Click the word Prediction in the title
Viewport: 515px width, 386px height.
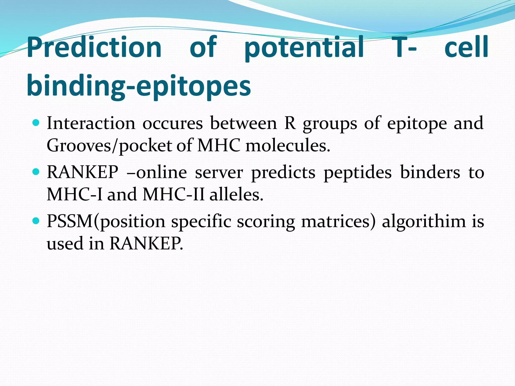click(x=94, y=47)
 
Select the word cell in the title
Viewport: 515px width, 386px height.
click(x=466, y=47)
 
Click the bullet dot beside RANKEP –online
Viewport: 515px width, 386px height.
click(x=36, y=172)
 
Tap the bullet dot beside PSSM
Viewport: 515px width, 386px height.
click(x=36, y=221)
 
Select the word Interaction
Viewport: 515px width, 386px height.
click(x=91, y=123)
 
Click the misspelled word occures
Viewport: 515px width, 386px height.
click(x=173, y=124)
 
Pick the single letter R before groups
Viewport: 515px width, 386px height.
click(x=290, y=123)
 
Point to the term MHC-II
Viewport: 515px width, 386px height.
click(x=174, y=194)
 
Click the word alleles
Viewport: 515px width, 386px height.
click(x=236, y=194)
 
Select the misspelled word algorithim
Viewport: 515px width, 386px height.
click(x=424, y=222)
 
